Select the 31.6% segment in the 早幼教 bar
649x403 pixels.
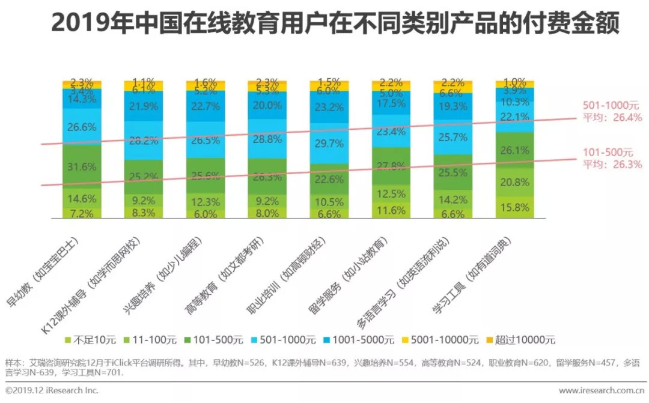(82, 166)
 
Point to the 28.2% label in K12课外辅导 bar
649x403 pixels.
(144, 142)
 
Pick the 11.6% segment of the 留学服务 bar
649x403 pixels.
(391, 210)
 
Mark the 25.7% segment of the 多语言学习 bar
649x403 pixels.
(452, 138)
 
